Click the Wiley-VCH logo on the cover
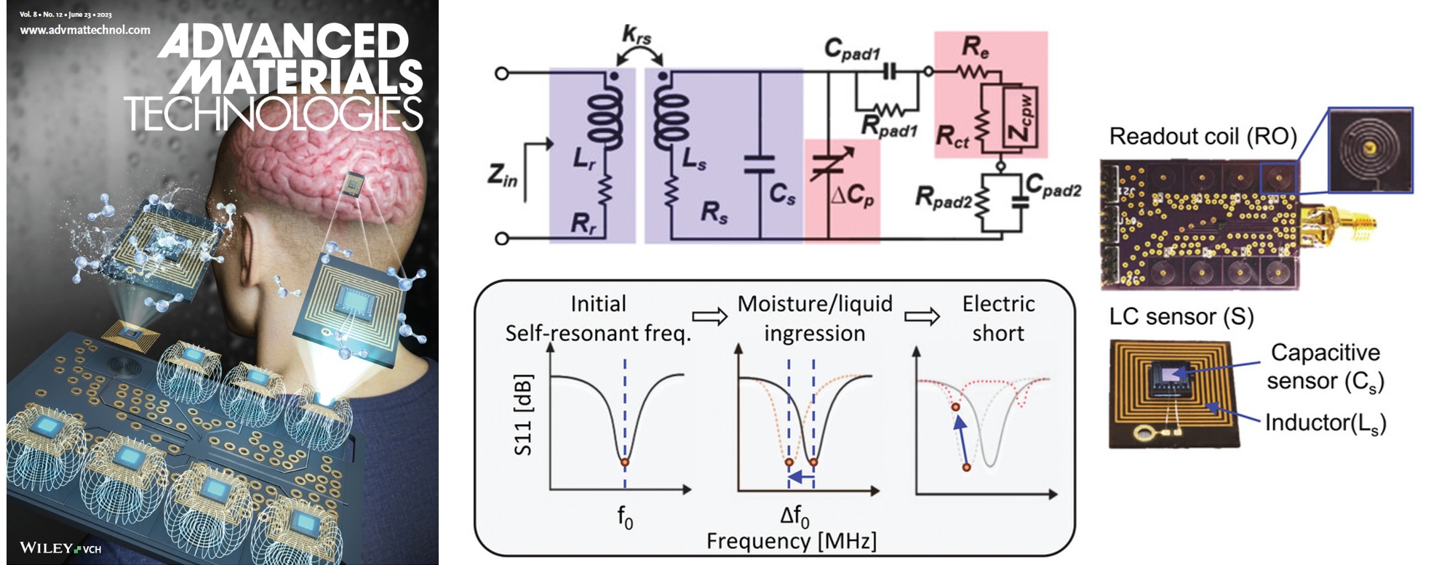tap(60, 548)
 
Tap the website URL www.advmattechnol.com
tap(85, 30)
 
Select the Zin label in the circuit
tap(502, 175)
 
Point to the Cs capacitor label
tap(782, 193)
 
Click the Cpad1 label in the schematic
tap(852, 49)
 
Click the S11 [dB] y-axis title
tap(523, 414)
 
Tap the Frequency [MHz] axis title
tap(791, 541)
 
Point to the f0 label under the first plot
tap(625, 516)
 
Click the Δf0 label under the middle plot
tap(794, 516)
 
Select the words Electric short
tap(998, 318)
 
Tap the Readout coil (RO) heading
tap(1203, 136)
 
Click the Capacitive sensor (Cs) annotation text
tap(1324, 366)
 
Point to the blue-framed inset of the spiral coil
tap(1370, 150)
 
